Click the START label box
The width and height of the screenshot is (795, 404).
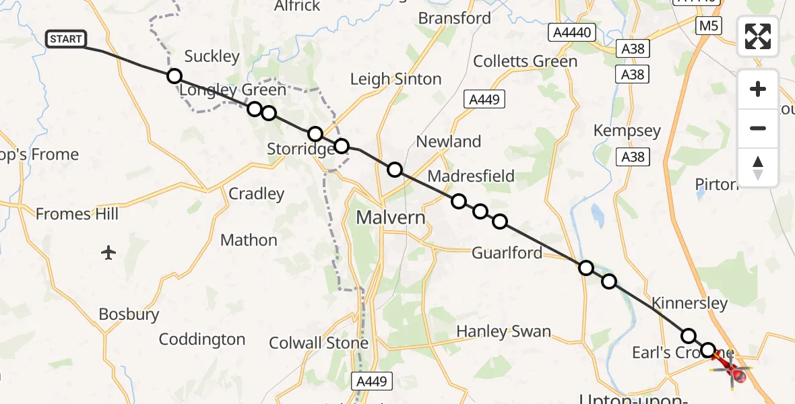pos(66,39)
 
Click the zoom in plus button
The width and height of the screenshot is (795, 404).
pos(758,89)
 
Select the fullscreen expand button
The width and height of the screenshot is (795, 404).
pos(758,36)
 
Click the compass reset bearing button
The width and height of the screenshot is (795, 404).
pos(758,167)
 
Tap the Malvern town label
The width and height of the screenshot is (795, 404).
pos(391,217)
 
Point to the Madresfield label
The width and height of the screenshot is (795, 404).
pos(471,176)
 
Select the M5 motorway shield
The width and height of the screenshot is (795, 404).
pos(708,26)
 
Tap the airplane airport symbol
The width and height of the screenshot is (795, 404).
pos(109,252)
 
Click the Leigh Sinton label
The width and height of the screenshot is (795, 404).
pos(395,79)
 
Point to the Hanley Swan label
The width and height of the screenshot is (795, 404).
pos(503,331)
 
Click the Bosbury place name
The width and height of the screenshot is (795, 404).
pos(129,314)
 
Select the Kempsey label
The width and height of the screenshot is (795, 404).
pos(627,131)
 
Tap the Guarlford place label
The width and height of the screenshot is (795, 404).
pos(507,252)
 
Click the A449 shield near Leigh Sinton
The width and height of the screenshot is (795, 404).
pos(484,100)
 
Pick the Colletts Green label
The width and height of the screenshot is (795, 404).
pos(525,61)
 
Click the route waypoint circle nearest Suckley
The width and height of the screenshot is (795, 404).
pos(174,76)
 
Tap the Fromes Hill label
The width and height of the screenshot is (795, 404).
pos(77,214)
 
